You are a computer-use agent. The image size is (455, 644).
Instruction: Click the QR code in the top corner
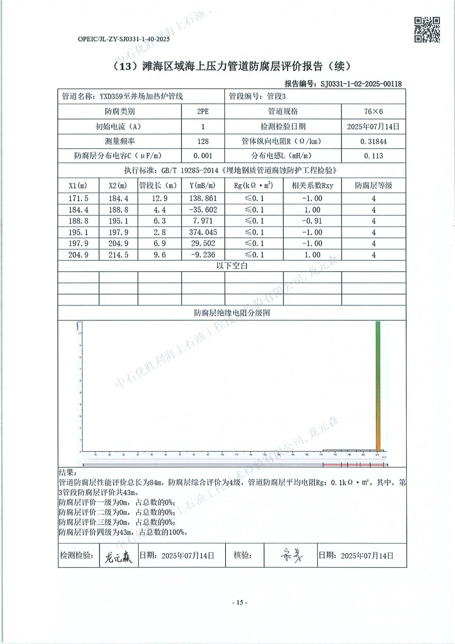click(x=427, y=29)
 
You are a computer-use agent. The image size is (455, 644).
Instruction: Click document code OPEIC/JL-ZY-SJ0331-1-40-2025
click(x=124, y=39)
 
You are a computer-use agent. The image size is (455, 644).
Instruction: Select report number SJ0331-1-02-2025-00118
click(x=361, y=84)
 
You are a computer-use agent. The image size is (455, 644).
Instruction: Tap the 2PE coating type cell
click(x=203, y=111)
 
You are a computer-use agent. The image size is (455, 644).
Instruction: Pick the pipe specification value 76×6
click(x=373, y=111)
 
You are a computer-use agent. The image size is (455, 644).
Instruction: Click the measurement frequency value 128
click(x=203, y=141)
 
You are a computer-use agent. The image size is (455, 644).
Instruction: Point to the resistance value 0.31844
click(x=373, y=141)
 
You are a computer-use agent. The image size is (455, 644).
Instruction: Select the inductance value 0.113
click(x=373, y=156)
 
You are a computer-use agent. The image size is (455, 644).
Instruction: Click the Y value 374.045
click(x=203, y=232)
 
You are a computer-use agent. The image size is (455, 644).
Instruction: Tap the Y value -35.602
click(x=203, y=210)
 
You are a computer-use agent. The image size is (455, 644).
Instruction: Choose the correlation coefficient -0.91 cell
click(x=312, y=221)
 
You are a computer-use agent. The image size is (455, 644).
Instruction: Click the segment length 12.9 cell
click(x=159, y=198)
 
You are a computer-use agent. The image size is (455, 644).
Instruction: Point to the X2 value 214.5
click(x=118, y=255)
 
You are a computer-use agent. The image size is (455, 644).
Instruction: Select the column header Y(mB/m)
click(x=203, y=186)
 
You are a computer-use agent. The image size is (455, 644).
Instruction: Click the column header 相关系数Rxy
click(x=312, y=186)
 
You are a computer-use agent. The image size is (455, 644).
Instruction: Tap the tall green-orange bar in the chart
click(x=378, y=386)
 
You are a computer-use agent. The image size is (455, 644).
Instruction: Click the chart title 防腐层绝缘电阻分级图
click(x=232, y=313)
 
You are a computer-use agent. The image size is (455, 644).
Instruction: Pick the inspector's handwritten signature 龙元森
click(x=118, y=557)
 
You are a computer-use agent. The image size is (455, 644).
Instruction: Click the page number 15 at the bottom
click(x=240, y=603)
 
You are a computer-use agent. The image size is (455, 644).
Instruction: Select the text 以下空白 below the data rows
click(x=232, y=266)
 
